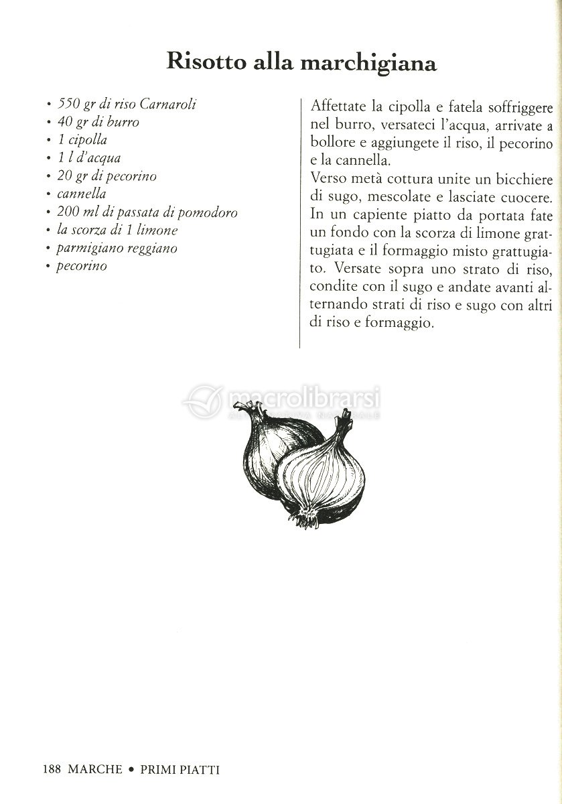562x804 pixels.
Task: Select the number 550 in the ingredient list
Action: (70, 105)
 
